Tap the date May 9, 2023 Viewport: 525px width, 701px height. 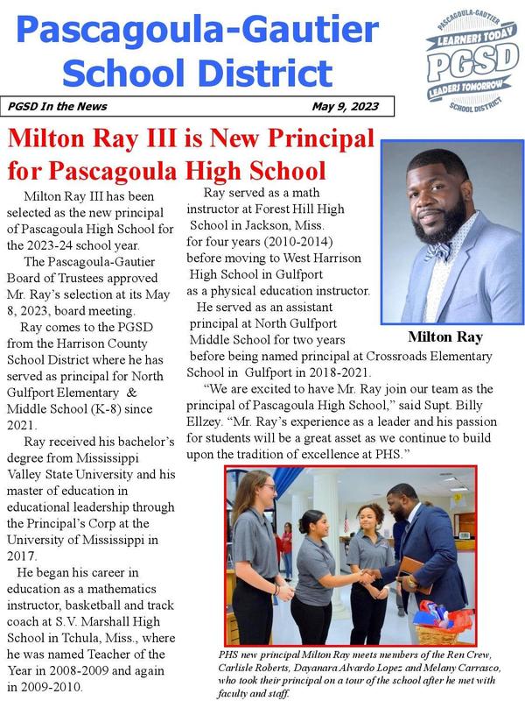pos(345,107)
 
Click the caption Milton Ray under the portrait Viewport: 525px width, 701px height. pos(444,337)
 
